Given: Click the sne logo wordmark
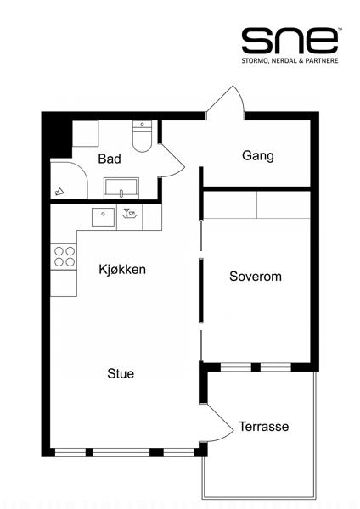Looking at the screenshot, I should coord(290,40).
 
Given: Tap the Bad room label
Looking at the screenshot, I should coord(109,159).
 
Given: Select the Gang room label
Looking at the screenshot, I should coord(257,155).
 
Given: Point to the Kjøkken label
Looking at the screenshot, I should coord(122,270).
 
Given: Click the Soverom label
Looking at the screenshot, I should coord(255,277).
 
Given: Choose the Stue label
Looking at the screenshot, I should coord(121,373).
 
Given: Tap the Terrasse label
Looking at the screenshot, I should coord(263,426).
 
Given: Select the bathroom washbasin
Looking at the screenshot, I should coord(122,187).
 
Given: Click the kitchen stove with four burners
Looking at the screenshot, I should coord(64,256).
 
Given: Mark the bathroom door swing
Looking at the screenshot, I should coord(172,159).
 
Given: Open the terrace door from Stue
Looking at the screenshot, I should coord(219,424).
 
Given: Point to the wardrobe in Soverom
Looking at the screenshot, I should coord(256,204).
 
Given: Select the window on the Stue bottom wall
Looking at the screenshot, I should coord(119,452).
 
